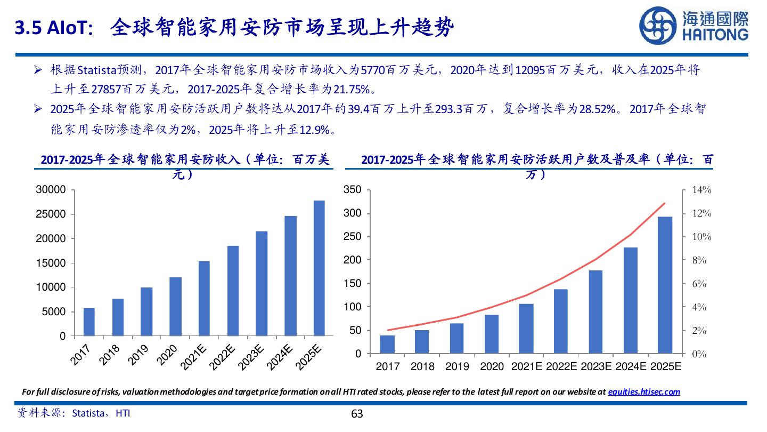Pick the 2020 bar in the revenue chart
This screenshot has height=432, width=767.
pos(175,307)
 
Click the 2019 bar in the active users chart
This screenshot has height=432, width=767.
pos(457,338)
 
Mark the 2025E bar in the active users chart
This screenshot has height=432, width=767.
pos(665,285)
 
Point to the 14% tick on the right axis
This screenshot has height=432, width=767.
pos(701,190)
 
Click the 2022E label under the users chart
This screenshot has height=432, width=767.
pos(561,367)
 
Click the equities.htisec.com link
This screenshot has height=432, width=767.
pos(644,391)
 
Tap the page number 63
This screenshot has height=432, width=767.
pos(357,414)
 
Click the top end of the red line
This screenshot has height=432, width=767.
pos(665,203)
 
